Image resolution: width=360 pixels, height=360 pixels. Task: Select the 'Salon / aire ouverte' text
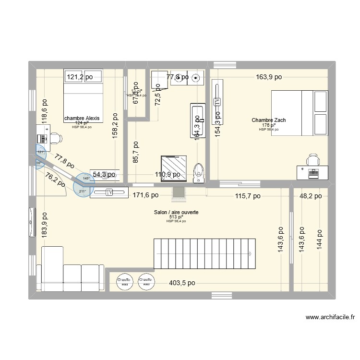pos(176,212)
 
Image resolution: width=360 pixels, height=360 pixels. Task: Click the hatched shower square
pos(170,167)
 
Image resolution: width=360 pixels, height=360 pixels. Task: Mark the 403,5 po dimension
pos(182,283)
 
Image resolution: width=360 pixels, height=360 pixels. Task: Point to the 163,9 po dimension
pos(269,77)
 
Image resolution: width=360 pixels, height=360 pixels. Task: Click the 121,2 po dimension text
pos(80,77)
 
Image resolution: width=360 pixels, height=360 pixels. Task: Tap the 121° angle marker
pos(40,152)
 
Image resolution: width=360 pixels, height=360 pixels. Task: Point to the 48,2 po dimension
pos(310,196)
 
